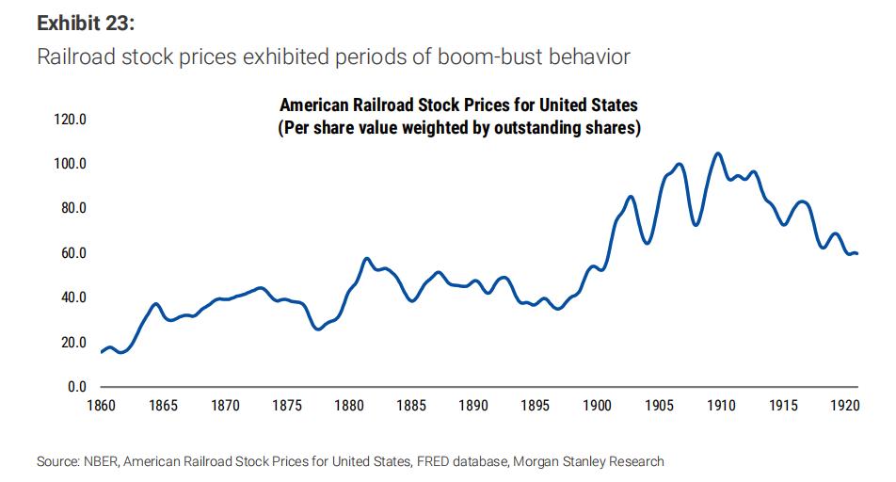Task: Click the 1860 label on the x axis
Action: click(x=100, y=406)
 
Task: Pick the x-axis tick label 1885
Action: click(x=411, y=406)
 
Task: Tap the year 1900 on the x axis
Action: click(x=598, y=406)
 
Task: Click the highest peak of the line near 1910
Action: click(x=718, y=153)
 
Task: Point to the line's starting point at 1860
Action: click(x=101, y=352)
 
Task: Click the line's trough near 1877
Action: click(x=318, y=329)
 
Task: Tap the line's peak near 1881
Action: click(x=367, y=258)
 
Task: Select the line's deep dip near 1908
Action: click(x=696, y=225)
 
